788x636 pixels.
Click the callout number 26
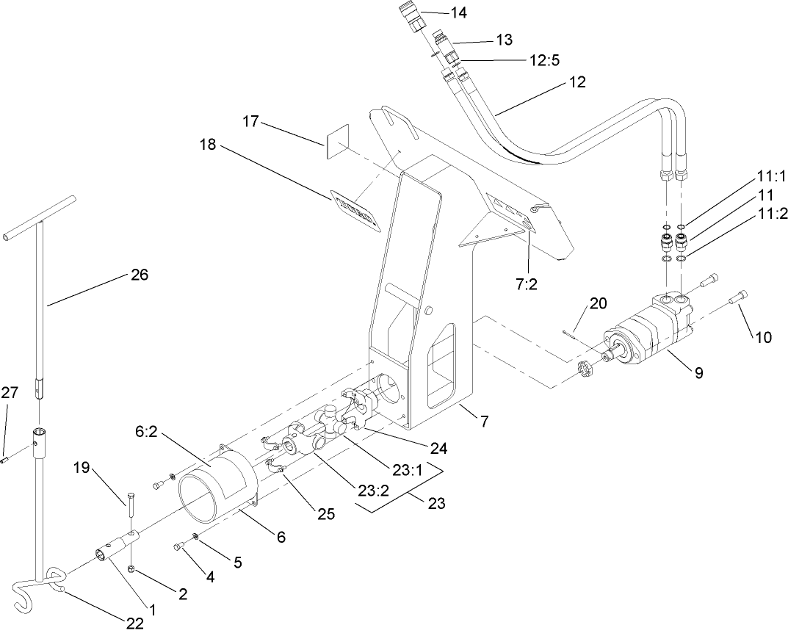pyautogui.click(x=139, y=275)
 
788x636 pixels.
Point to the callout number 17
pyautogui.click(x=251, y=121)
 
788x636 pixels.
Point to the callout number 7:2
pyautogui.click(x=527, y=284)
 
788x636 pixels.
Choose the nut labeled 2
pyautogui.click(x=130, y=570)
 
